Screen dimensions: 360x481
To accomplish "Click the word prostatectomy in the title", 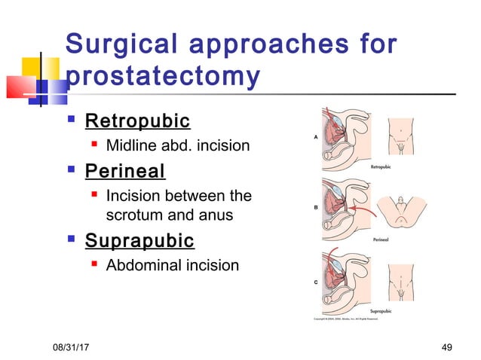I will [164, 78].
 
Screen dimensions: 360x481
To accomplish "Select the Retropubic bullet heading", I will [137, 121].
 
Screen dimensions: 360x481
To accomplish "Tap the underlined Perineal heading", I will [125, 171].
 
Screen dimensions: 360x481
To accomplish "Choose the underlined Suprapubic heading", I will [139, 241].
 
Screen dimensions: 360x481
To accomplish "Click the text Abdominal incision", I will [173, 265].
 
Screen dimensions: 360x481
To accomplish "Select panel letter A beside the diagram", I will [314, 136].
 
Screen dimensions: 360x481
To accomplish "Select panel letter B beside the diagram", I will [314, 206].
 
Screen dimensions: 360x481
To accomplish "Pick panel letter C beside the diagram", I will [314, 281].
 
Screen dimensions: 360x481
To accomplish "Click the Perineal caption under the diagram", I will [381, 239].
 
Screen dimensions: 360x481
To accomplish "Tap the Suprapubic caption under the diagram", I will [381, 310].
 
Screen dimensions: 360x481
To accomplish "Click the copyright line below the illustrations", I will [351, 319].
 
